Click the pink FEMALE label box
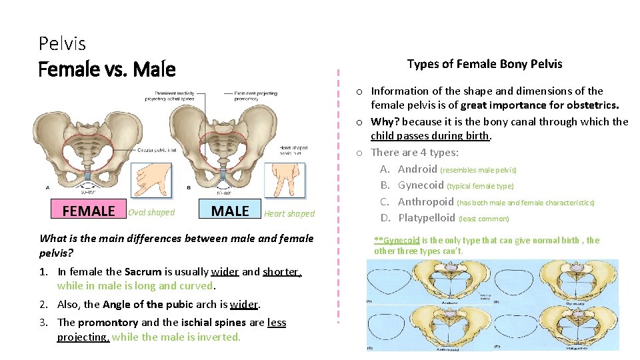[89, 211]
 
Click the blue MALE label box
[229, 211]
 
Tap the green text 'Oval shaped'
[151, 213]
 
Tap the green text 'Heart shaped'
[289, 214]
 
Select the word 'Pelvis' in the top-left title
[62, 44]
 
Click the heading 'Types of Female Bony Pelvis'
[485, 64]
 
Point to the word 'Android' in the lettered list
[417, 169]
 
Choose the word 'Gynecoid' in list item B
[421, 185]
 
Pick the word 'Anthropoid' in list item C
[425, 201]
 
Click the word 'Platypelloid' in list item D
[427, 217]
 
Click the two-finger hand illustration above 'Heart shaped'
[285, 181]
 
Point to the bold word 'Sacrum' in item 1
[143, 271]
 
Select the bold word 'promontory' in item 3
[109, 322]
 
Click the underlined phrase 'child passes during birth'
[431, 136]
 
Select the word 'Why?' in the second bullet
[385, 121]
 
